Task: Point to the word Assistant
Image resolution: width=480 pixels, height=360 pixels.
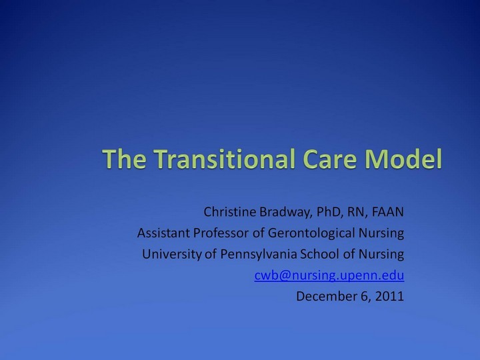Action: (162, 234)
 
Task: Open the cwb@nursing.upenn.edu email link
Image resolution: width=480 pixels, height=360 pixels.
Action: (329, 275)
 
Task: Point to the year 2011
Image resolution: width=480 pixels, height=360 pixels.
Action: (390, 296)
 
